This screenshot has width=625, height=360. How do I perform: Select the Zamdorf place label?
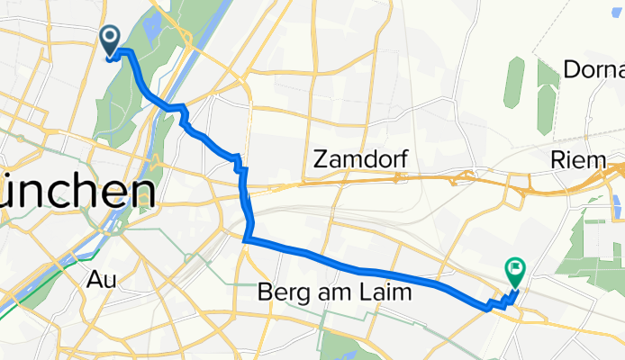(x=360, y=160)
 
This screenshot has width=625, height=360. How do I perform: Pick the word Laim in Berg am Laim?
(x=385, y=292)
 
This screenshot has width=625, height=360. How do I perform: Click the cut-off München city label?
(x=77, y=192)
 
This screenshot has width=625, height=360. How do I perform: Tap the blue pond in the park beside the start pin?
(x=149, y=27)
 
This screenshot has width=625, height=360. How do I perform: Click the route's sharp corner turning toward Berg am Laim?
(x=246, y=238)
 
